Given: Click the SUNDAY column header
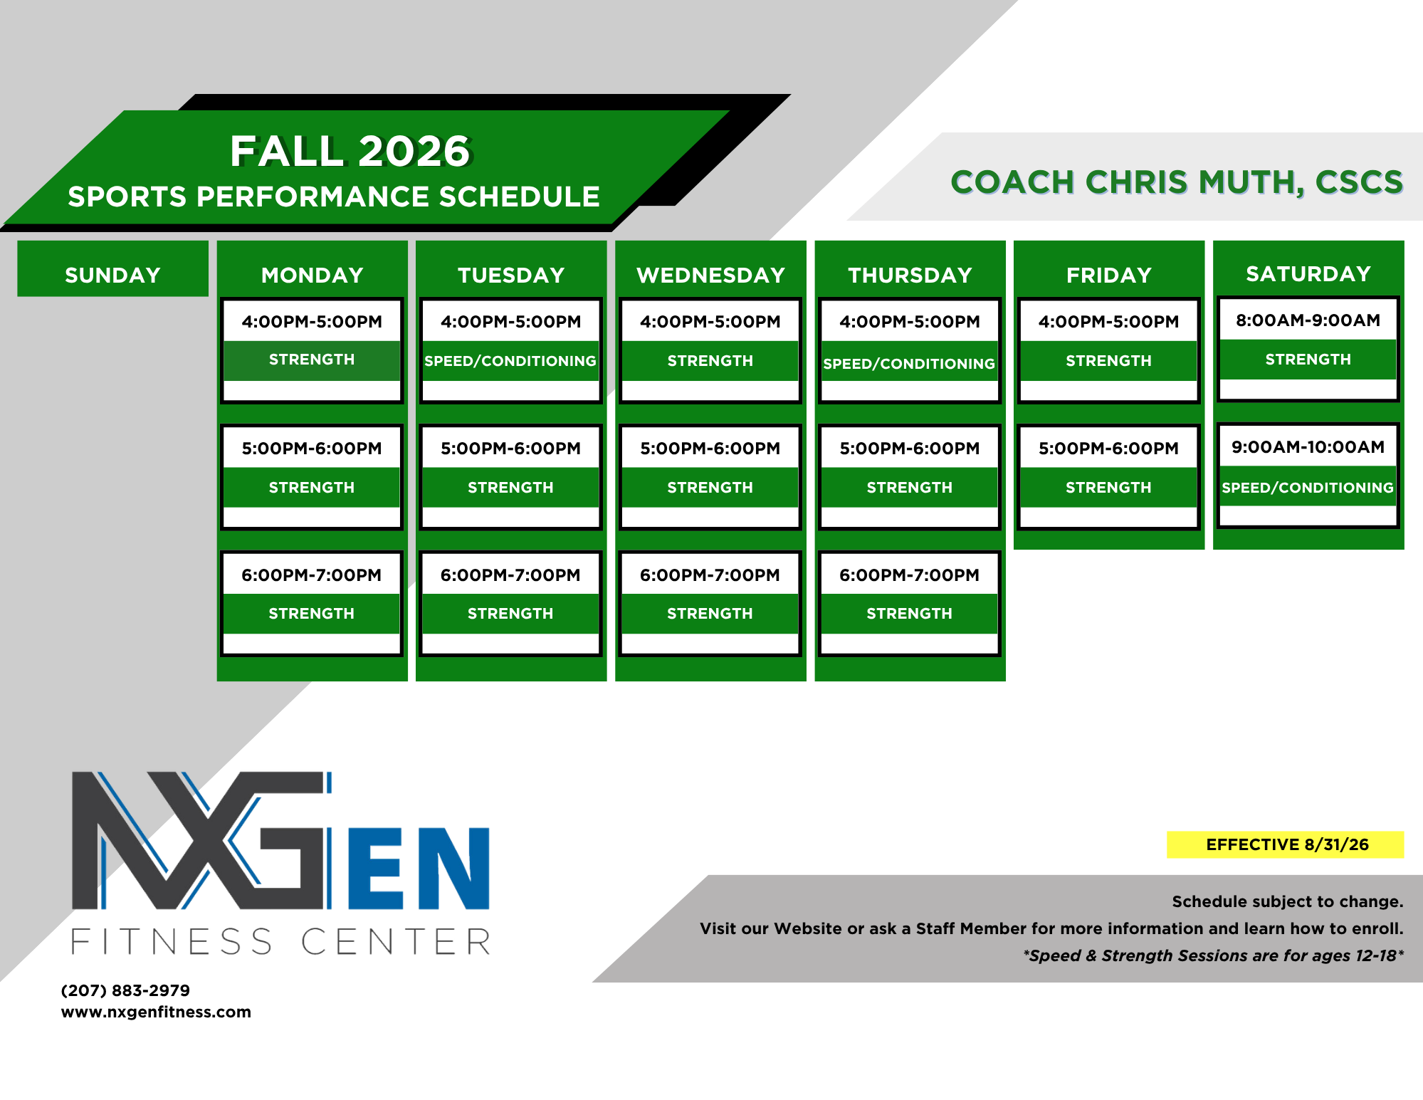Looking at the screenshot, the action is [112, 275].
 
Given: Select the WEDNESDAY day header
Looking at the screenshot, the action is [710, 275].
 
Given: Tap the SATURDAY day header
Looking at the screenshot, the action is [1308, 273].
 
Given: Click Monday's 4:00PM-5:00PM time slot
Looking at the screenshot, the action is [312, 321].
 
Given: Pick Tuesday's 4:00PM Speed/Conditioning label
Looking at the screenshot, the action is [510, 361].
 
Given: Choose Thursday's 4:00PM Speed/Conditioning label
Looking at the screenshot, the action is [909, 364].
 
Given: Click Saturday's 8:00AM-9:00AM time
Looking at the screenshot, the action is [1308, 320].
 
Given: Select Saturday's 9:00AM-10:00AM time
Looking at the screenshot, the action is [1308, 446].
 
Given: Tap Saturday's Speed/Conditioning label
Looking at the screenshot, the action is [1308, 488].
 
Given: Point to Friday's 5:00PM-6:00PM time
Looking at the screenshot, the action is [1108, 448].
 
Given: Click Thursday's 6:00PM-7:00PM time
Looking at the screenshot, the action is [909, 575].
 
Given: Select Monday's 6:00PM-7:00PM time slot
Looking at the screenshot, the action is [312, 575].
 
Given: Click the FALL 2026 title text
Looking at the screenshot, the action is [350, 151].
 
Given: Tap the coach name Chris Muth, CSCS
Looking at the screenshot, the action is [1177, 182].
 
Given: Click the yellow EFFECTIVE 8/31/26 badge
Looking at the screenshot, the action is [1286, 844].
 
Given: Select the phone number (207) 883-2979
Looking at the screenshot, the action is [125, 990].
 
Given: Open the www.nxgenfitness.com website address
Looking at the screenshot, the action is [156, 1012].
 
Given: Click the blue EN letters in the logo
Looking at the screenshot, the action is [419, 868].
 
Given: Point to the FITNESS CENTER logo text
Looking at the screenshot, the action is [281, 941].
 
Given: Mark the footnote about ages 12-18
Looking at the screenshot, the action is [1213, 955].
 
